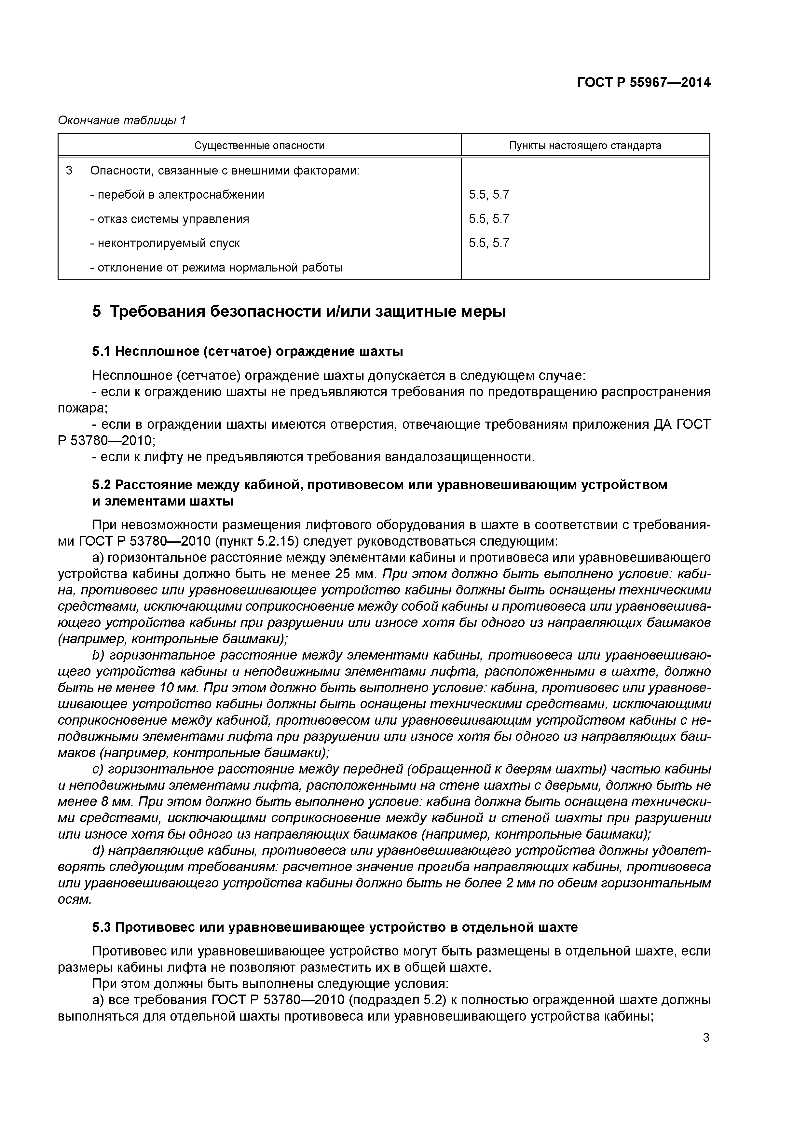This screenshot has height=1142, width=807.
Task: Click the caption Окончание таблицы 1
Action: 122,120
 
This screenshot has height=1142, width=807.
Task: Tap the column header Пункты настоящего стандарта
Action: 585,146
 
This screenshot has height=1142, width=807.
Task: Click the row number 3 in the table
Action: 69,171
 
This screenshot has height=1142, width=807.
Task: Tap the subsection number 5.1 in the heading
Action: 101,352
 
